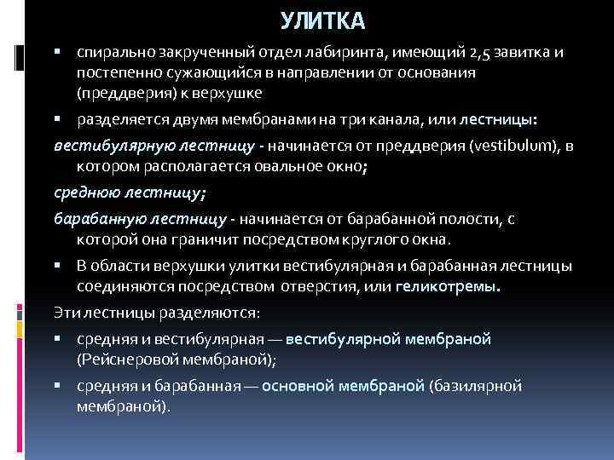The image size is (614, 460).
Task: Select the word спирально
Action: (x=109, y=53)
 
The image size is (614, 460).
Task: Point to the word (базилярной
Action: (x=476, y=385)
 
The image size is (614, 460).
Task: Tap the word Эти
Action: (x=66, y=311)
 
